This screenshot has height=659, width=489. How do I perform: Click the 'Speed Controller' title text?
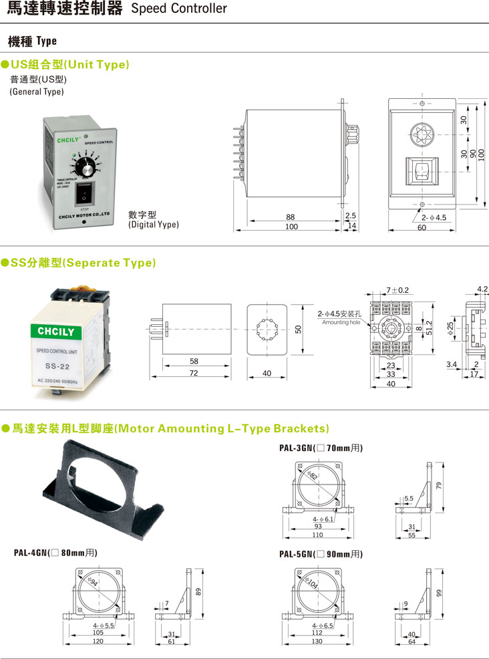(178, 9)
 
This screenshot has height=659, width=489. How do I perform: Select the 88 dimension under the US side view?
(290, 217)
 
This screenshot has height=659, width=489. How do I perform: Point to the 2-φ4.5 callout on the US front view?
(434, 217)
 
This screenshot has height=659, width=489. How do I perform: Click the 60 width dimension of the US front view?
(422, 228)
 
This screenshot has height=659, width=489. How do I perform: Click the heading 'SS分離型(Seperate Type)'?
(83, 263)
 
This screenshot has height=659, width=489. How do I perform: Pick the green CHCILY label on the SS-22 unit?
(61, 332)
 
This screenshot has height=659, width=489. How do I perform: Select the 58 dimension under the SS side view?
(194, 362)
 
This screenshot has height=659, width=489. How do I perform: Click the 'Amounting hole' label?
(341, 323)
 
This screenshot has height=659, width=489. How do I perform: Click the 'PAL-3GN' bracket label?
(297, 448)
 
